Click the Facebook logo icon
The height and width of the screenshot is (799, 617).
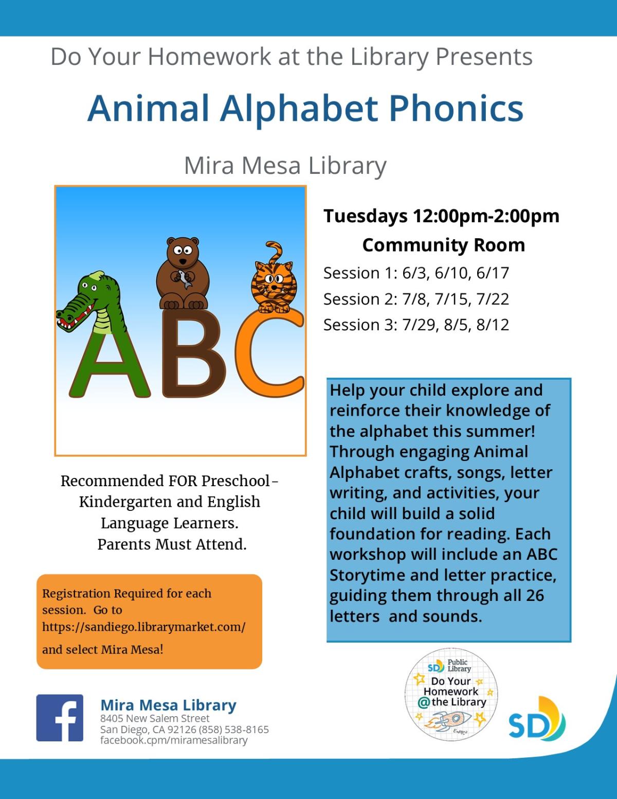(60, 718)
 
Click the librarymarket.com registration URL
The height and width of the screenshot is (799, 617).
(144, 627)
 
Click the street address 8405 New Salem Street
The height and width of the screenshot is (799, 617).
(155, 718)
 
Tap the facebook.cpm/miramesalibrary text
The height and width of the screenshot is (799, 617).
(174, 740)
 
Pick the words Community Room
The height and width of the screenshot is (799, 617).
(443, 245)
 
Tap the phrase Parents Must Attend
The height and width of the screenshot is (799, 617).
(172, 544)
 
